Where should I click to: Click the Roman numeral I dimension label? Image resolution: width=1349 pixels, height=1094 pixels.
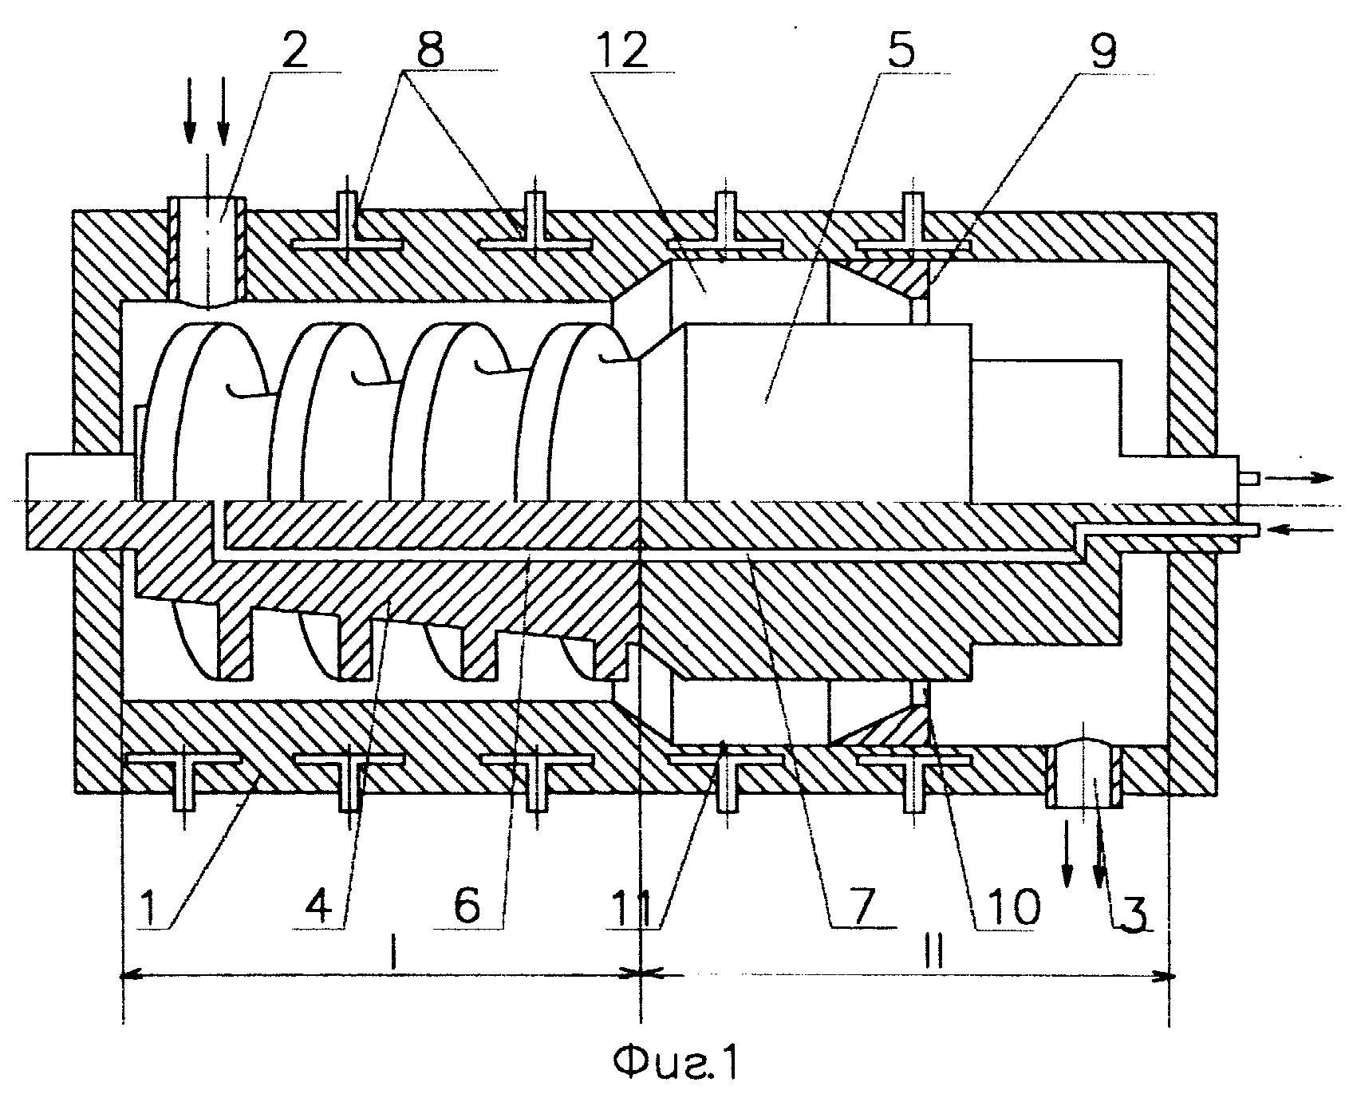(392, 953)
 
